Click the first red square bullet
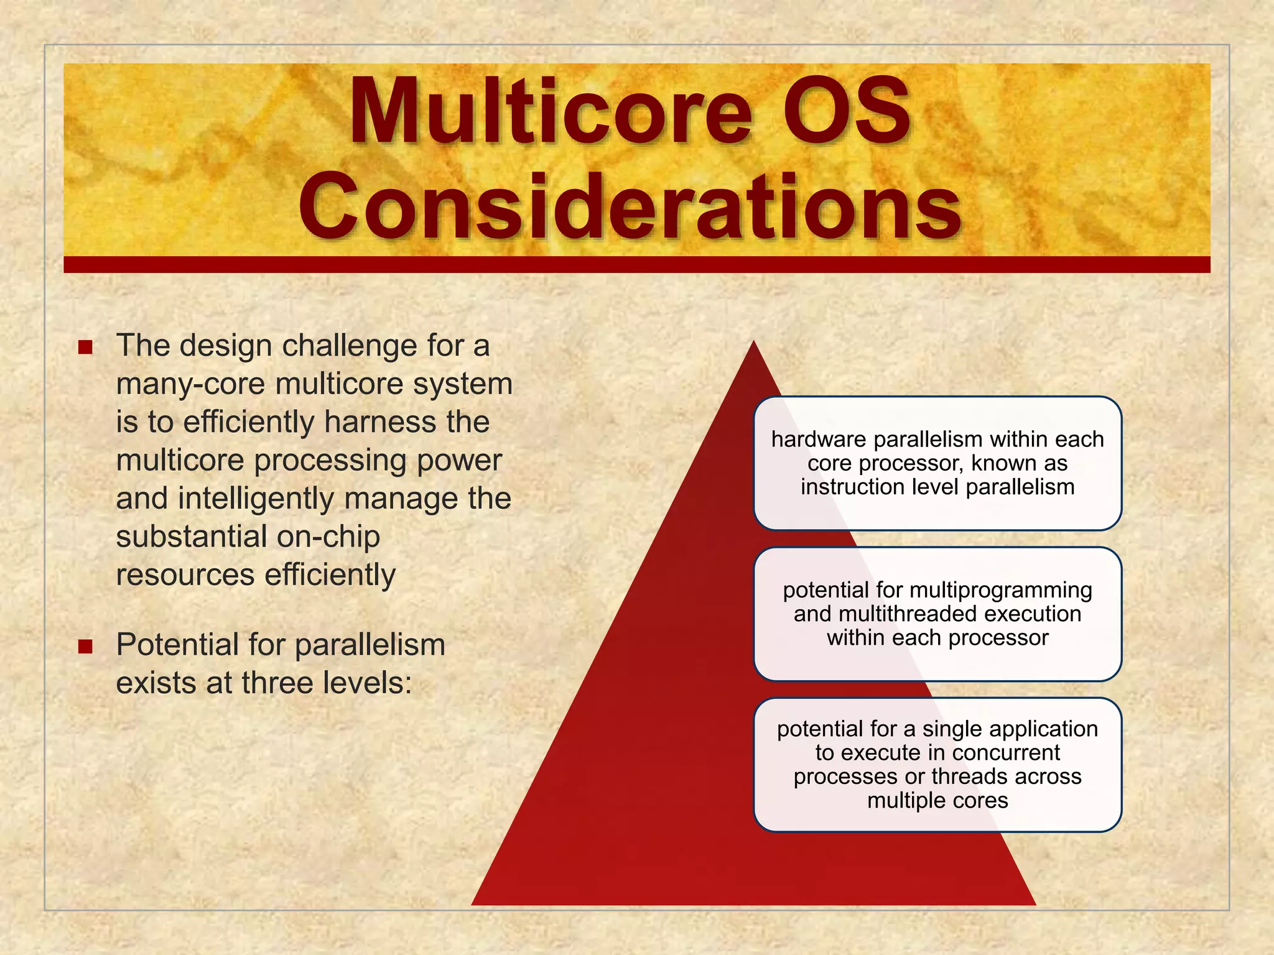tap(85, 347)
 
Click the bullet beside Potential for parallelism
tap(85, 647)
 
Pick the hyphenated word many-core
tap(190, 384)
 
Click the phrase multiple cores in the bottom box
tap(937, 801)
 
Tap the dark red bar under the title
tap(636, 265)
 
